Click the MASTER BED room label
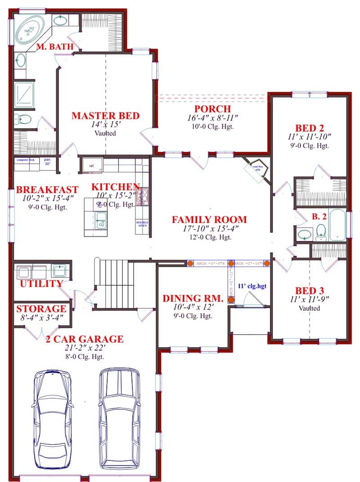[x=105, y=116]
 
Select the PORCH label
[x=212, y=109]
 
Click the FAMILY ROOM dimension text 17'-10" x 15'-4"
[x=209, y=229]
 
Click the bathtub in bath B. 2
[x=337, y=225]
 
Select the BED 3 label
[x=310, y=290]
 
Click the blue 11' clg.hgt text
[x=252, y=286]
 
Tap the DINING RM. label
[x=193, y=298]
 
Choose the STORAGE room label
[x=41, y=309]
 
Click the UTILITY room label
[x=40, y=284]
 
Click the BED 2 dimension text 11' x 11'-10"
[x=310, y=136]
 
